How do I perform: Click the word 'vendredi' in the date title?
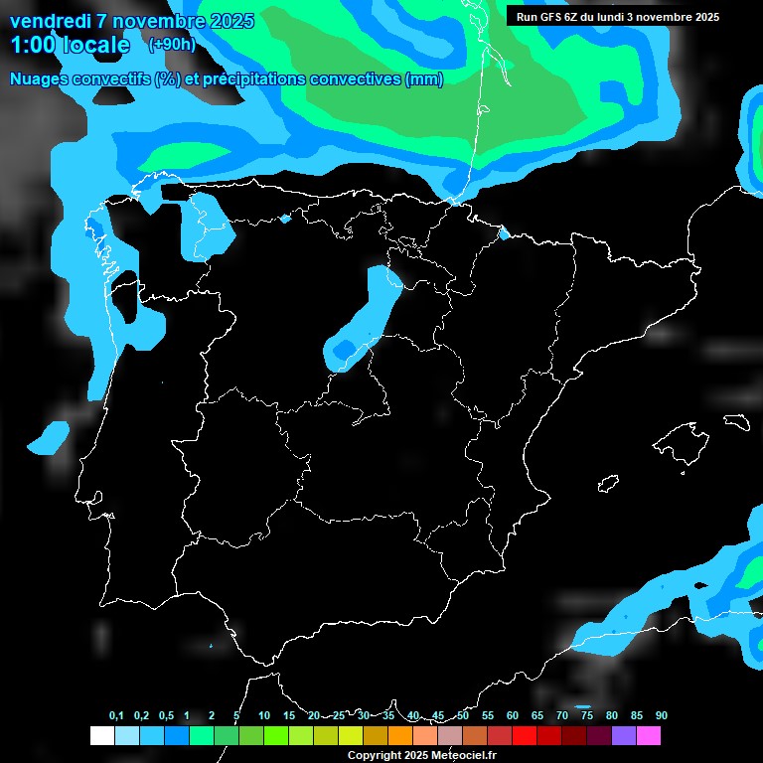coord(50,21)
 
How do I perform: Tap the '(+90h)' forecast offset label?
coord(172,44)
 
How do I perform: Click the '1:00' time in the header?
coord(34,45)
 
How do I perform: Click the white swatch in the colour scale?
coord(101,736)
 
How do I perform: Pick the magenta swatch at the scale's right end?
coord(649,736)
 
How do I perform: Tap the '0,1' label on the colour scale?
coord(116,716)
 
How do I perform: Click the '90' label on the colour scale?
coord(661,716)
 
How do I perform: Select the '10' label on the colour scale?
coord(263,716)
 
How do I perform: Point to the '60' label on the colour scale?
coord(512,716)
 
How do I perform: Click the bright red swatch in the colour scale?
coord(525,736)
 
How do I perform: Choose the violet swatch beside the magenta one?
coord(624,736)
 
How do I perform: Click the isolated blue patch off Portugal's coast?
coord(49,436)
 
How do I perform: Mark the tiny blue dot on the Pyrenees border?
coord(504,233)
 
